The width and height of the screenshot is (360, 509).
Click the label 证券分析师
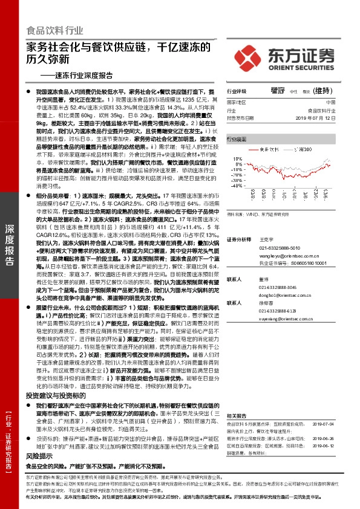click(238, 222)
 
